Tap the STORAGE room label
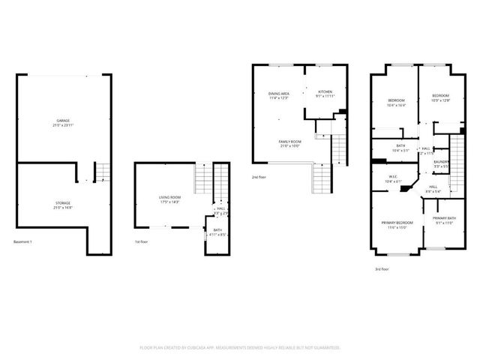coord(64,202)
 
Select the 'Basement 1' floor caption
coord(23,241)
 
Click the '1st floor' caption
coord(139,241)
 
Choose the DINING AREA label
coord(279,93)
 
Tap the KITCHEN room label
coord(325,91)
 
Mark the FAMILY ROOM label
coord(290,142)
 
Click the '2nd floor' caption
coord(258,177)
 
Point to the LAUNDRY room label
coord(440,161)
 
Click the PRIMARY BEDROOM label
coord(397,223)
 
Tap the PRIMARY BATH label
coord(444,218)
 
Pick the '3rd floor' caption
coord(382,268)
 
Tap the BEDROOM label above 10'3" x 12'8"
coord(440,95)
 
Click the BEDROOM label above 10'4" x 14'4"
coord(397,100)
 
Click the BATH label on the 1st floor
coord(217,229)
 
